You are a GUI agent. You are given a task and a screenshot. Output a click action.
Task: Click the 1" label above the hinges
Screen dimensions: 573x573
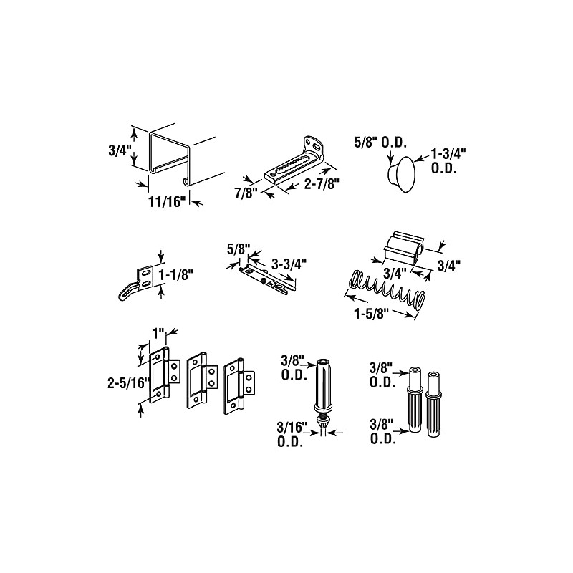click(158, 334)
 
